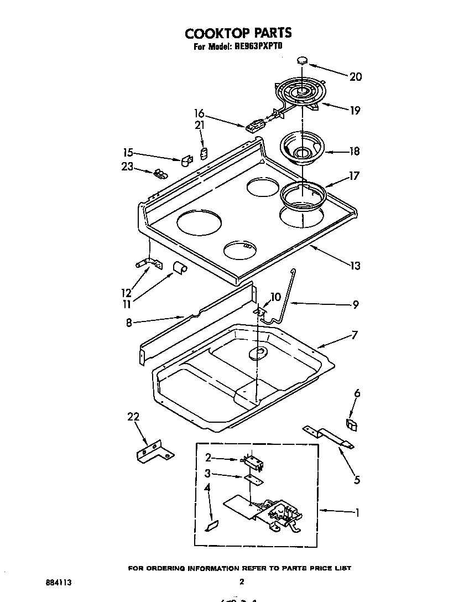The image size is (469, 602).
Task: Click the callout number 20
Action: click(356, 77)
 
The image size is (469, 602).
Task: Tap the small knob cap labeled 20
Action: click(302, 60)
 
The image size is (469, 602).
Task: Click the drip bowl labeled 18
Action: click(302, 149)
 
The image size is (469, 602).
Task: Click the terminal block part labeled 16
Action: click(254, 127)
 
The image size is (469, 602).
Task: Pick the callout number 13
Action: click(355, 266)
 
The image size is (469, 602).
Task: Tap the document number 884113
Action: click(59, 583)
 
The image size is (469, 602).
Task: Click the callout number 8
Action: click(129, 323)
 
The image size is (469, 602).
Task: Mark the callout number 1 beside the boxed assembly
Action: click(357, 513)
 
